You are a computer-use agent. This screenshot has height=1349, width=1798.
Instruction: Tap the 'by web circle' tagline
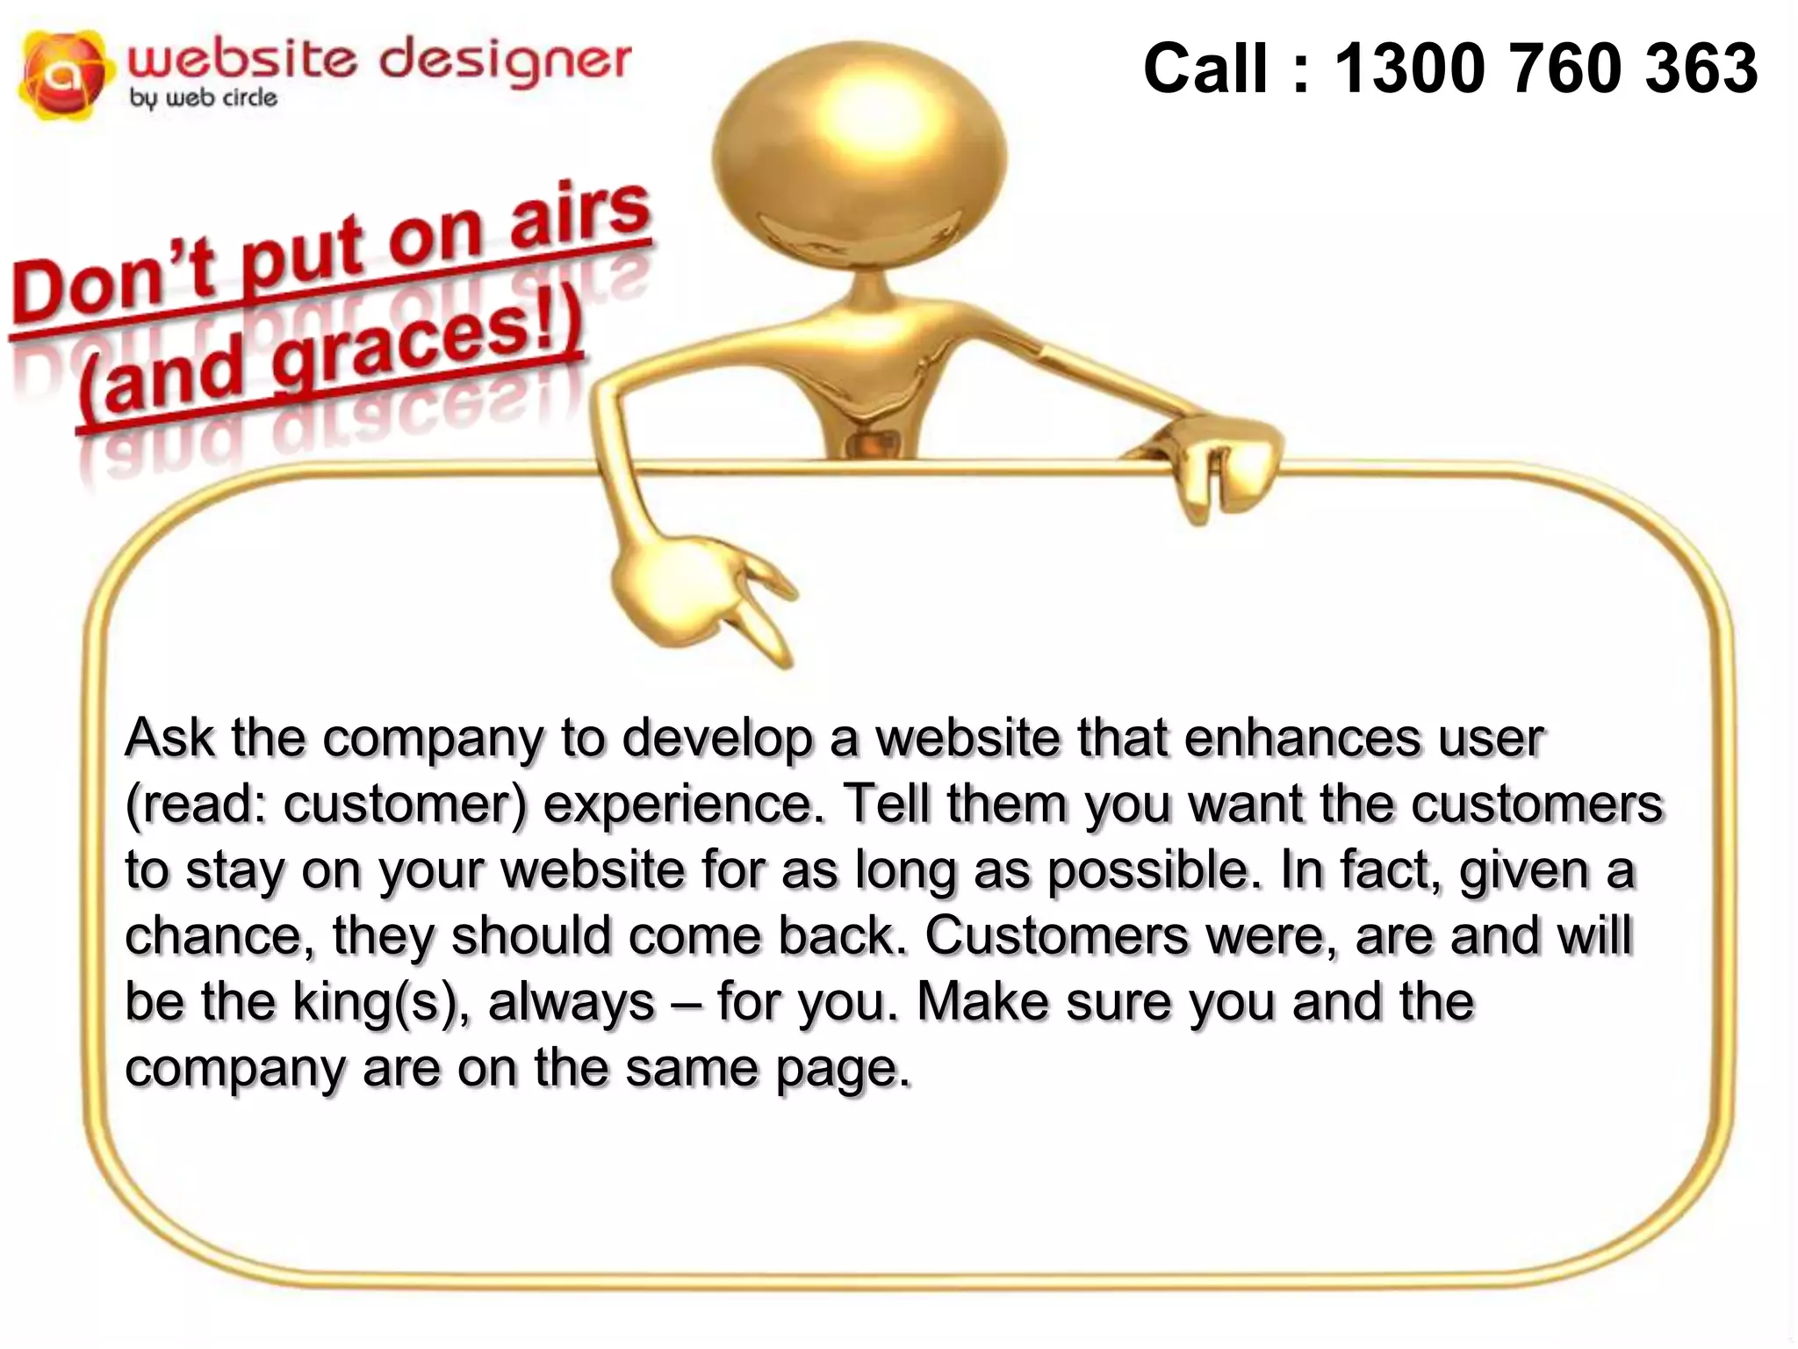pyautogui.click(x=204, y=98)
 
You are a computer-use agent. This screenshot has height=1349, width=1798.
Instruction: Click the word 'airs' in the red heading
pyautogui.click(x=579, y=215)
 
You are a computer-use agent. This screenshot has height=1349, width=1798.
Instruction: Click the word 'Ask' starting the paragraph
pyautogui.click(x=169, y=738)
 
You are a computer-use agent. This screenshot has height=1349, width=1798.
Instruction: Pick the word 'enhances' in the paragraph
pyautogui.click(x=1299, y=738)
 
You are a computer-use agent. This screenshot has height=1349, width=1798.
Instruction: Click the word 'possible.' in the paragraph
pyautogui.click(x=1150, y=869)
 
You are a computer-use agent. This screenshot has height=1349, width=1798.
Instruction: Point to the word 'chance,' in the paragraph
pyautogui.click(x=219, y=935)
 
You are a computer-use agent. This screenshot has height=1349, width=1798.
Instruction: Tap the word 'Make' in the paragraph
pyautogui.click(x=983, y=1001)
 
